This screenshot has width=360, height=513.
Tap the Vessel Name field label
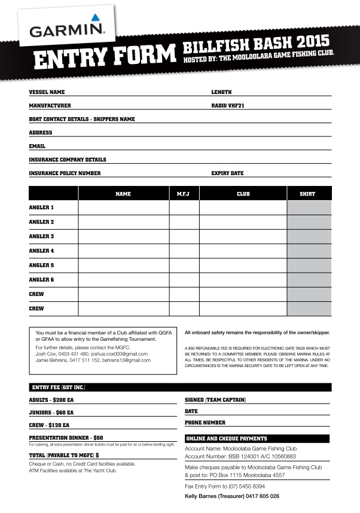coord(47,92)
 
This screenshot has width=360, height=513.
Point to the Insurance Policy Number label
coord(65,173)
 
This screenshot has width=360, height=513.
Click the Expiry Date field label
coord(227,173)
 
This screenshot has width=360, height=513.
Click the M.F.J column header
coord(184,194)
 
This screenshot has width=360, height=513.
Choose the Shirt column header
coord(309,194)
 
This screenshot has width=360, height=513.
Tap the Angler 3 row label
coord(41,236)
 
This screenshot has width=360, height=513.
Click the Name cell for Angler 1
coord(123,208)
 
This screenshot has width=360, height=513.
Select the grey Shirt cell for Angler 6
coord(309,280)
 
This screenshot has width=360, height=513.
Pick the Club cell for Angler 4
coord(243,251)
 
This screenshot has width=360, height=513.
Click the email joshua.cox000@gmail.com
coord(121,354)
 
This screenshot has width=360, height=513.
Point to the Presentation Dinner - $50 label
coord(66,438)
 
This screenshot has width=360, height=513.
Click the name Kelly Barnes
coord(203,496)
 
